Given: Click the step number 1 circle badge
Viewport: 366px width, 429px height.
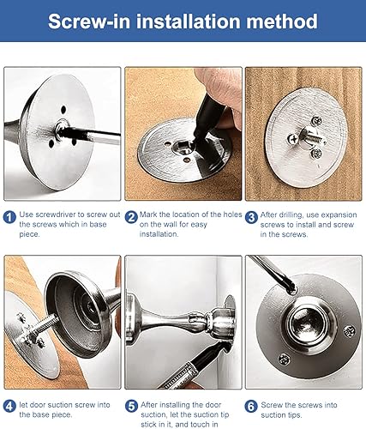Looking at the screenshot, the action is point(9,217).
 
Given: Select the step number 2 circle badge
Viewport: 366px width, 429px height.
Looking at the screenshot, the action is point(131,217).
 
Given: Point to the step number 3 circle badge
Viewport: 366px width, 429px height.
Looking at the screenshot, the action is point(251,217).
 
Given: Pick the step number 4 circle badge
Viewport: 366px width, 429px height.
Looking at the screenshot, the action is point(9,406).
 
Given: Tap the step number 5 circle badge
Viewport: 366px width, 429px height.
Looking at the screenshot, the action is point(131,406).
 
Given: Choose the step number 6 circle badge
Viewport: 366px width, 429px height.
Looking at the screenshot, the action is point(251,406).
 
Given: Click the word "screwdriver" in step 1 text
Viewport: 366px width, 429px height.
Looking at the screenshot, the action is point(56,214).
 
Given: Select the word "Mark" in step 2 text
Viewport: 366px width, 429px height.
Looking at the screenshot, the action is point(148,214).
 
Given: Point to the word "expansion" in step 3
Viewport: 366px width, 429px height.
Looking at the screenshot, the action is point(340,214).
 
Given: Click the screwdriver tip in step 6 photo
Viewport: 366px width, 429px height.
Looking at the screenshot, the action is point(291,289).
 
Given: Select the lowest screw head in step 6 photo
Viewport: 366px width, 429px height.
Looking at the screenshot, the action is point(285,360).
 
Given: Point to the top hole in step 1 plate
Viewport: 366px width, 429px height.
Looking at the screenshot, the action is point(63,109).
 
